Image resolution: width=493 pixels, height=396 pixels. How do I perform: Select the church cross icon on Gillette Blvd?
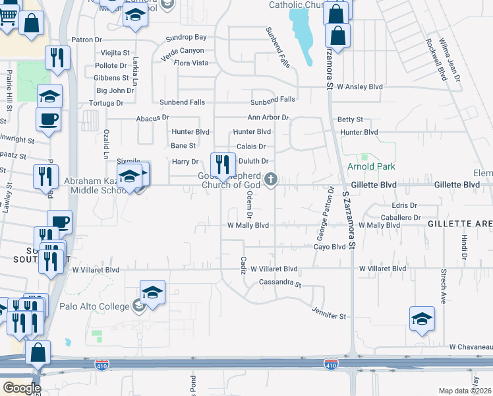point(270,179)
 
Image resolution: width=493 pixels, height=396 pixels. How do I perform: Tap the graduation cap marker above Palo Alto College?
point(152,292)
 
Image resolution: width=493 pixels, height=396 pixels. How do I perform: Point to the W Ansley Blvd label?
point(359,86)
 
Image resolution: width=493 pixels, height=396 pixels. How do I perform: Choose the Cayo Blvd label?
point(330,247)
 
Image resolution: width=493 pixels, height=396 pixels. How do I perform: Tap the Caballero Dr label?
point(401,217)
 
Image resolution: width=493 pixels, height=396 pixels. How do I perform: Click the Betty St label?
point(350,119)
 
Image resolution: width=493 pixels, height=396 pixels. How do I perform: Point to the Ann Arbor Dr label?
point(268,117)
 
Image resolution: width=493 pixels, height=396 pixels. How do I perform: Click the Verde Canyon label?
point(183,51)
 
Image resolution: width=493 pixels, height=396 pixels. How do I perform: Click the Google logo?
point(22,388)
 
